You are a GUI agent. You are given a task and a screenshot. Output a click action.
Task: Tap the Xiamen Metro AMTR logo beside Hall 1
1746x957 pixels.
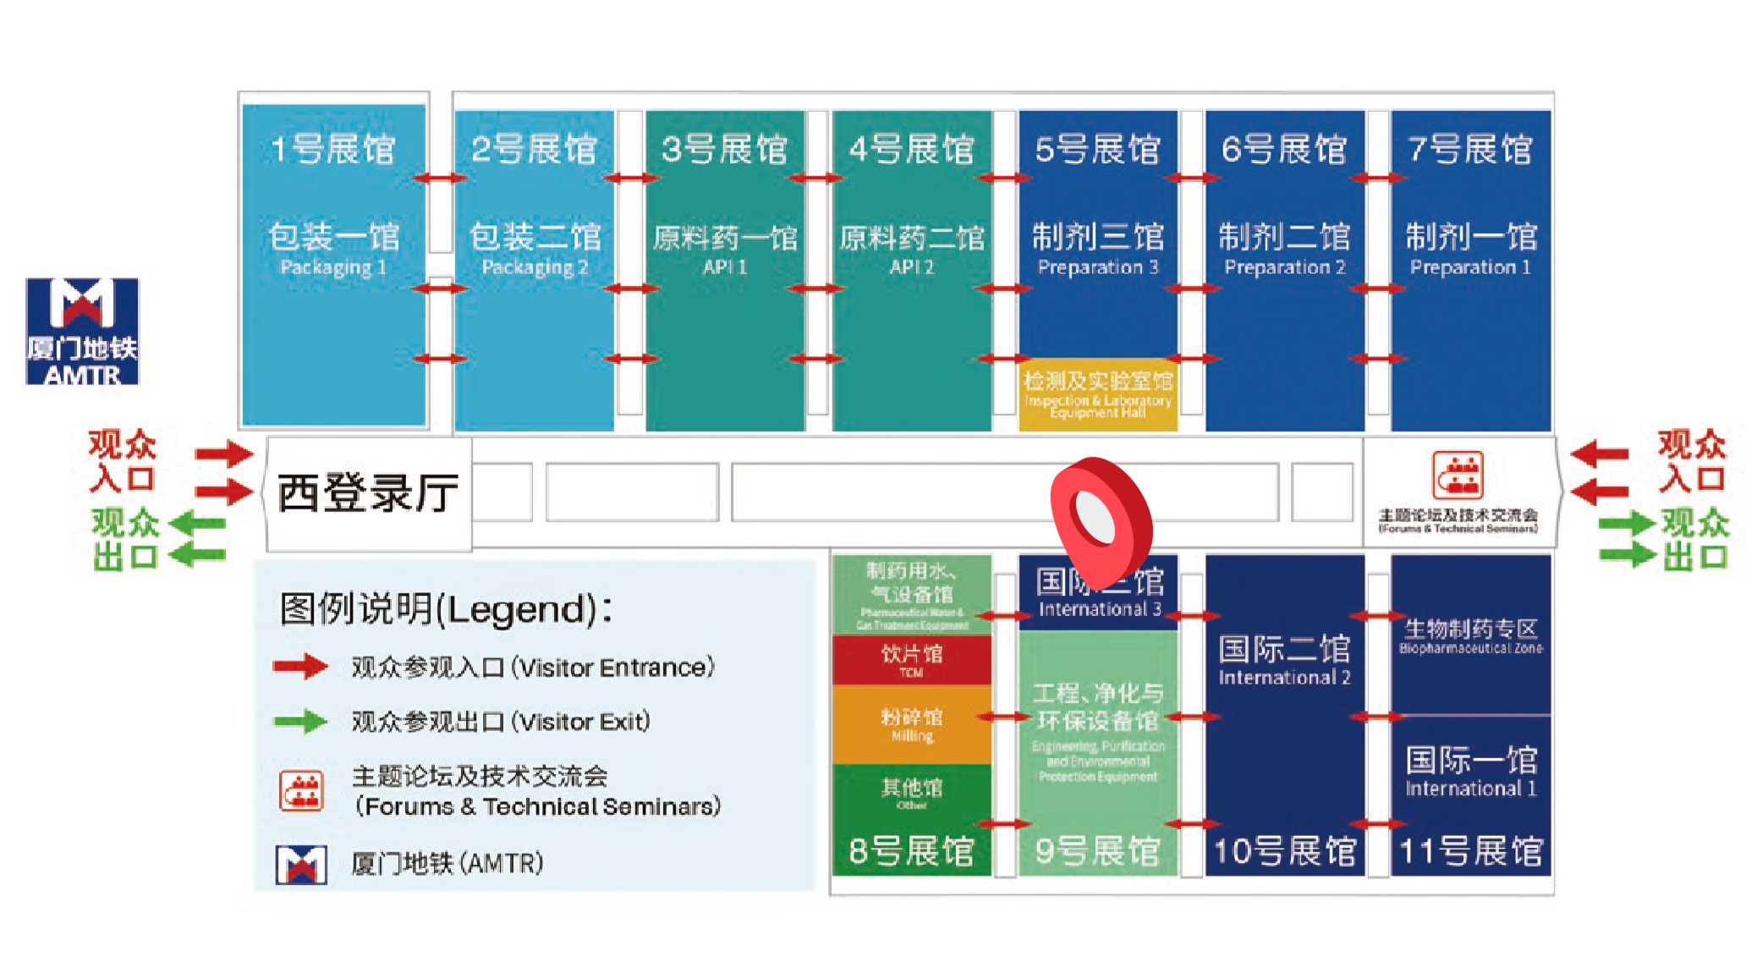[82, 331]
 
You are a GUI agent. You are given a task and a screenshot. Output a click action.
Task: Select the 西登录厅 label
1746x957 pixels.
[368, 492]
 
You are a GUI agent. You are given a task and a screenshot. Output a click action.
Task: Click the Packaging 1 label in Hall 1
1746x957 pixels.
[333, 267]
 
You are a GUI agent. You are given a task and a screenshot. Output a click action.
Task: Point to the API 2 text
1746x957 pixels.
[911, 267]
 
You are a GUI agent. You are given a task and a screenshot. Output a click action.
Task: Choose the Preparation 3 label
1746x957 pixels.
[1097, 267]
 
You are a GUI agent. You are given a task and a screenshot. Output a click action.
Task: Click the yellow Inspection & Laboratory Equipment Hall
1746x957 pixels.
[1097, 395]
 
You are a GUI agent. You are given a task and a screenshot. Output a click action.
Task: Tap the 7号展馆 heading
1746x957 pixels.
[1470, 150]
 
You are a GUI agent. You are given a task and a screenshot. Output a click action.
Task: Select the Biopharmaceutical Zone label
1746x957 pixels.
[1470, 648]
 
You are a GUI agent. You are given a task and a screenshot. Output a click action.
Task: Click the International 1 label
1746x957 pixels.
[1470, 789]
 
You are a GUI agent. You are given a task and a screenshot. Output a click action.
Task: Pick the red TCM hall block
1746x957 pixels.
[911, 660]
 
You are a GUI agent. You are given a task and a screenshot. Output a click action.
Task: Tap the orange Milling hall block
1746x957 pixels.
[911, 724]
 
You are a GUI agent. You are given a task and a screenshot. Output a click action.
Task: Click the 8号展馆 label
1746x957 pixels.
[911, 851]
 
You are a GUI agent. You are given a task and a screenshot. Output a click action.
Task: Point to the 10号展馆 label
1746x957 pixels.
[1284, 851]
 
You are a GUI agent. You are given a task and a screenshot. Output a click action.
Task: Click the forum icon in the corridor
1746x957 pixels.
[1457, 475]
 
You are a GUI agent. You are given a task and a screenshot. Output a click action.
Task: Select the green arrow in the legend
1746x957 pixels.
[300, 722]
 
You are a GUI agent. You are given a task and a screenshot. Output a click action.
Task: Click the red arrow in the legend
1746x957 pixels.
[300, 667]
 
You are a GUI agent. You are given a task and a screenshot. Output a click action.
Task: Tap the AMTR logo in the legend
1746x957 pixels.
[301, 864]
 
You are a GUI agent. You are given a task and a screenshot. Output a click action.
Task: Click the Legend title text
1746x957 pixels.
[446, 608]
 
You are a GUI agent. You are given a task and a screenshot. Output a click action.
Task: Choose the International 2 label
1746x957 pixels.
[1284, 677]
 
